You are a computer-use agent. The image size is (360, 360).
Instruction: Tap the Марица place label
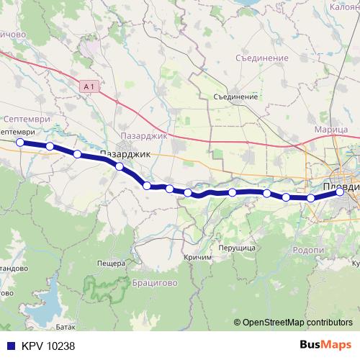(331, 130)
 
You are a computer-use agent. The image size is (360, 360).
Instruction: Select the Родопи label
(310, 250)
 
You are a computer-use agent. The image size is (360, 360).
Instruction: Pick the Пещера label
(111, 264)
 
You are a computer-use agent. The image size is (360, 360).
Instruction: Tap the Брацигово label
(155, 283)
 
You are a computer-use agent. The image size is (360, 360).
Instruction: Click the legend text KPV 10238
(48, 346)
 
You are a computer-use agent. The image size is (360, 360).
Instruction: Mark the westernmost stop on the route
(20, 143)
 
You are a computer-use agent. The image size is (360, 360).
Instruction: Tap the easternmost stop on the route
(340, 192)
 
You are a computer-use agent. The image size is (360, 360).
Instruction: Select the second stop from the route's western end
(50, 147)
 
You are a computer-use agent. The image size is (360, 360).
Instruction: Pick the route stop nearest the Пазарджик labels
(120, 167)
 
